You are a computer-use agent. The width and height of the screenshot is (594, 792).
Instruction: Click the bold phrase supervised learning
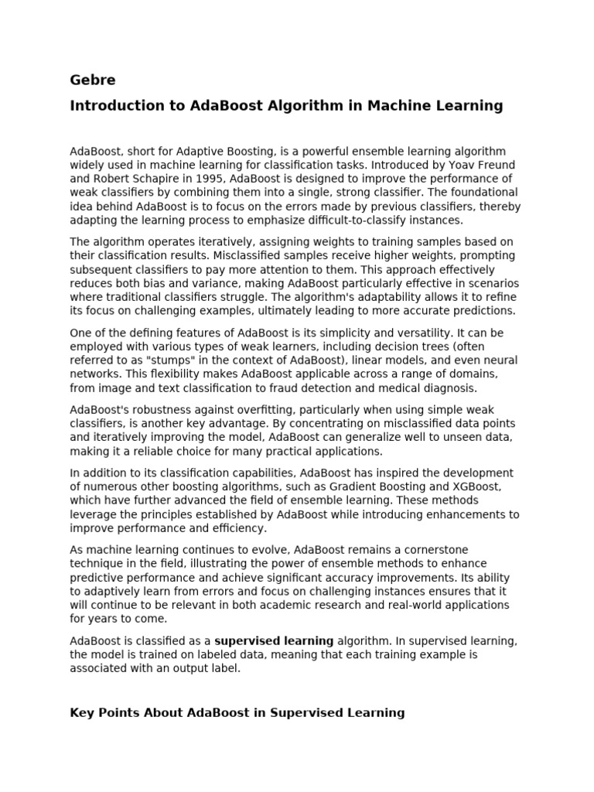tap(274, 640)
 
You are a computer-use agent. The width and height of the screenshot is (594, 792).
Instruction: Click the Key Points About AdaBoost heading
tap(237, 712)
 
